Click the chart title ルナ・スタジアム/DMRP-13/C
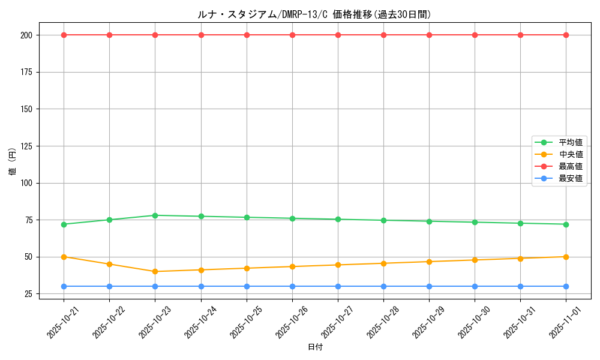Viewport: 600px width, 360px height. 314,14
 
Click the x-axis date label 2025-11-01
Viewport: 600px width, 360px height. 562,322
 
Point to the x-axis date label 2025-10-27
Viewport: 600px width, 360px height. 334,322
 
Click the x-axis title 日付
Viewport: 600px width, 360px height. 315,347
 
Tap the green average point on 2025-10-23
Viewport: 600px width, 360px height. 155,215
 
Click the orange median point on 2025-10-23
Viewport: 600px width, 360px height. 155,271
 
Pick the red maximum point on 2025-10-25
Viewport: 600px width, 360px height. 247,35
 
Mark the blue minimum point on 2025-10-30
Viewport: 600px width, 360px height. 475,286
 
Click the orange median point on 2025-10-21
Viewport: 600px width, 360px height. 64,257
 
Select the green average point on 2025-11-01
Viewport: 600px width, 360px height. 566,224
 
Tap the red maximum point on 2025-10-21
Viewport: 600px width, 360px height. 64,35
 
